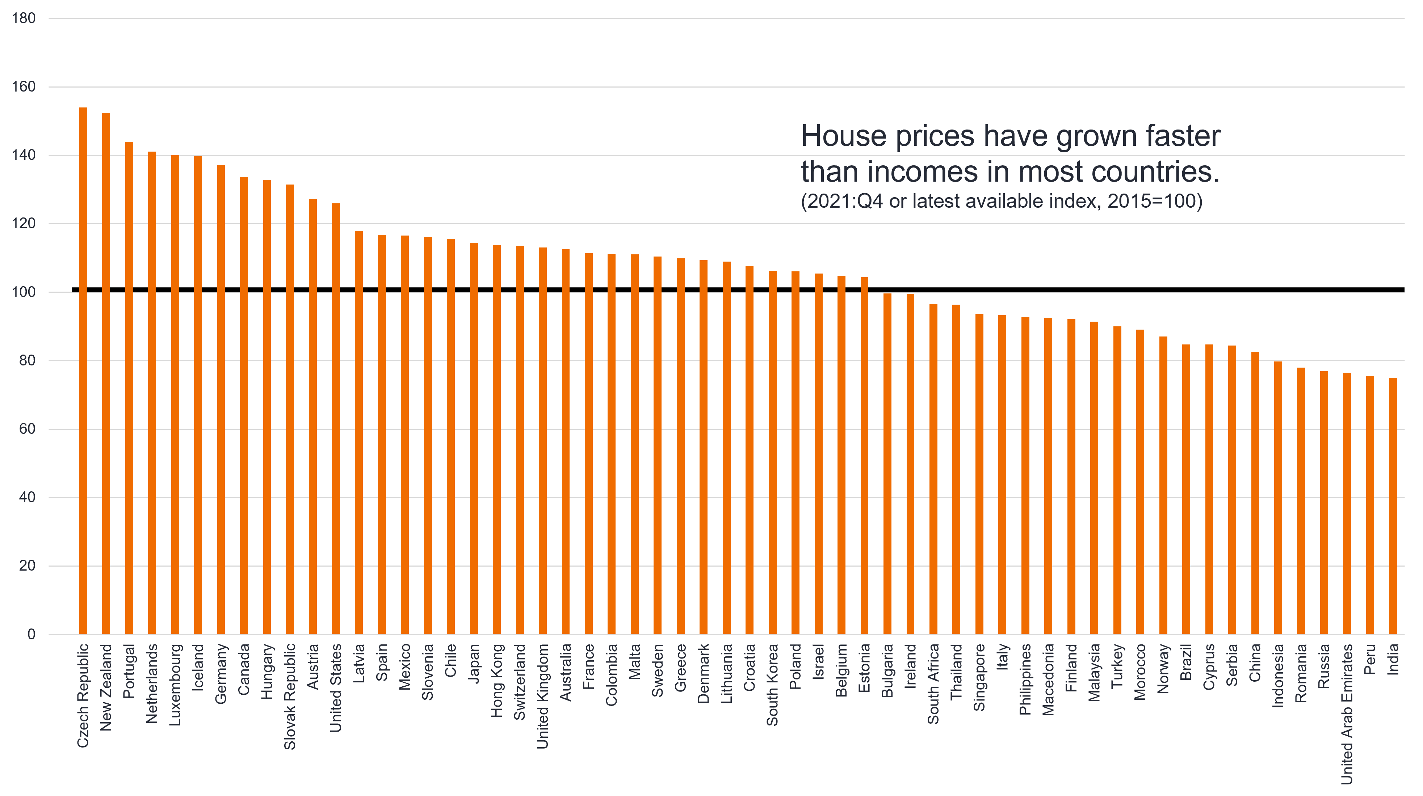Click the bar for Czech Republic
[x=83, y=370]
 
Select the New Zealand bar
[x=106, y=373]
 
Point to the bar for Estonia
[x=864, y=456]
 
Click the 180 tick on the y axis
[x=23, y=18]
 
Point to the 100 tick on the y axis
[x=23, y=292]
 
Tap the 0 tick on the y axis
[x=31, y=634]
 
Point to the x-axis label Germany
[x=221, y=673]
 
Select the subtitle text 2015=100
[x=1155, y=201]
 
